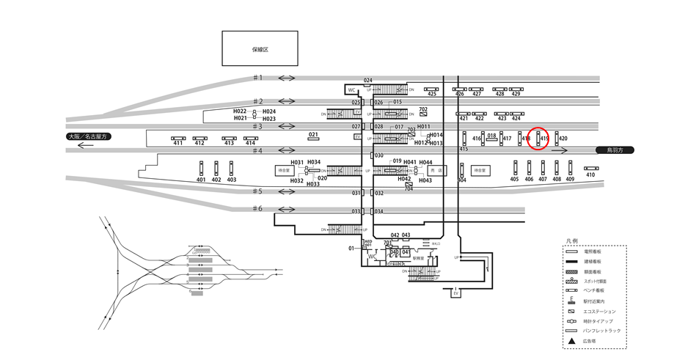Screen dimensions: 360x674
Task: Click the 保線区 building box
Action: (260, 49)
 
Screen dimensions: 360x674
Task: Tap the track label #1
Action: (257, 78)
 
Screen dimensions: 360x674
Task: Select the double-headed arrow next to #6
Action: (286, 209)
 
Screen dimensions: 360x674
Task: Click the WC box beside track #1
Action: (351, 90)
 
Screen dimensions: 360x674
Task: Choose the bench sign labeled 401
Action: (201, 168)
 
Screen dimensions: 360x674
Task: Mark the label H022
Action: (241, 111)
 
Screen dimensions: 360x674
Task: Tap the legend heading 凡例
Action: (573, 240)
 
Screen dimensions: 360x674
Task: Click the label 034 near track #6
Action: (379, 212)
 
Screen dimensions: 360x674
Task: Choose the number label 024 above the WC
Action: (368, 80)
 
